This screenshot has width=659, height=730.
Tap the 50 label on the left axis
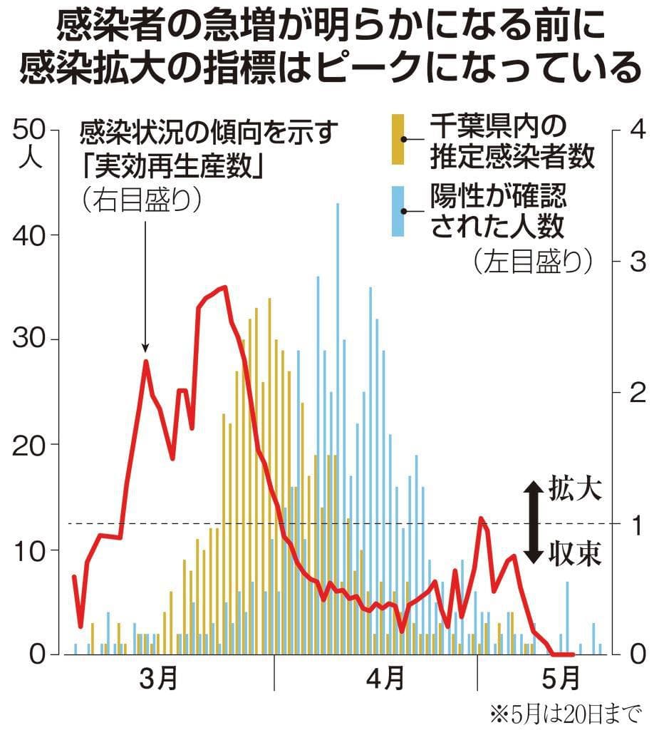pyautogui.click(x=28, y=130)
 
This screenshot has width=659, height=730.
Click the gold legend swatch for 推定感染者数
pyautogui.click(x=398, y=139)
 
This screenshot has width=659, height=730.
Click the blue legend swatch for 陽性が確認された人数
pyautogui.click(x=398, y=211)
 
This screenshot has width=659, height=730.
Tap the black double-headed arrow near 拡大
pyautogui.click(x=532, y=522)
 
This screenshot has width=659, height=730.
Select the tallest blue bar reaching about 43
pyautogui.click(x=337, y=428)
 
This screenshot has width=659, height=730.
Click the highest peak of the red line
pyautogui.click(x=224, y=287)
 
